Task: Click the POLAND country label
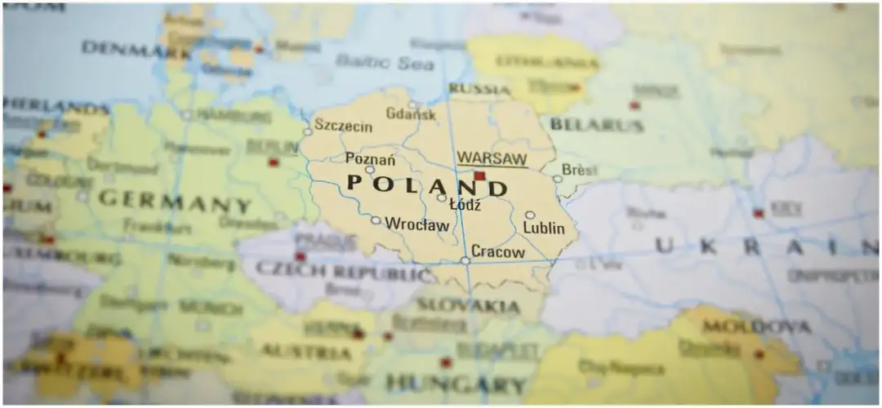pos(426,184)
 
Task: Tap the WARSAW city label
pos(492,157)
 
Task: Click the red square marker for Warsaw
pos(479,175)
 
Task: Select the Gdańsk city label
pos(411,114)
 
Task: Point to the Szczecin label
pos(344,126)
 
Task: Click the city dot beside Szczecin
pos(308,131)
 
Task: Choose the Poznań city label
pos(370,157)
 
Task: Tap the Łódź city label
pos(465,204)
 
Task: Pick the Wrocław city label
pos(416,223)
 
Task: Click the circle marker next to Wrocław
pos(375,220)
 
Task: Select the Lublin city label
pos(544,228)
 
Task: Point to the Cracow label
pos(498,252)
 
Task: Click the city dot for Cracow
pos(465,260)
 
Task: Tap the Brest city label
pos(580,171)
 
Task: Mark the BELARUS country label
pos(597,125)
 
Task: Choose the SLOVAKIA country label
pos(468,306)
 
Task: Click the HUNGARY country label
pos(444,382)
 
